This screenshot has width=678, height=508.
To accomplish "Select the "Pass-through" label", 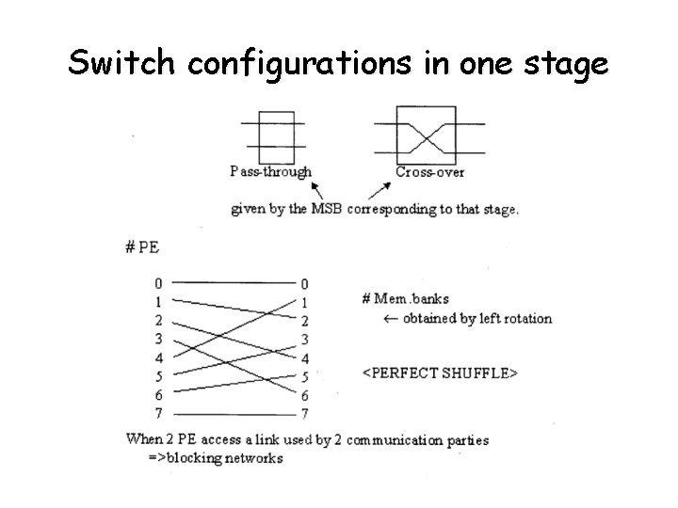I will (x=270, y=171).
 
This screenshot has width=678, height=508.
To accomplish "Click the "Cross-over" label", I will (x=429, y=171).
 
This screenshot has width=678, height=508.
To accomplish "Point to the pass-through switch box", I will (x=275, y=135).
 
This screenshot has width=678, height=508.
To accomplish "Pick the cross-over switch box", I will (x=428, y=135).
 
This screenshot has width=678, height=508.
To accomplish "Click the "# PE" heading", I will (x=141, y=247).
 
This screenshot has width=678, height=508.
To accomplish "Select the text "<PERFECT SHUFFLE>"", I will (x=440, y=373).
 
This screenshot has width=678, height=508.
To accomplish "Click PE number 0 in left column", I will (x=158, y=283).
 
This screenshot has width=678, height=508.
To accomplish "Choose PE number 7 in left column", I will (x=158, y=413).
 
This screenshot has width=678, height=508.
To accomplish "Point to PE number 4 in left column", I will (x=158, y=357).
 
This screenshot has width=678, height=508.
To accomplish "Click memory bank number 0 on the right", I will (x=304, y=283).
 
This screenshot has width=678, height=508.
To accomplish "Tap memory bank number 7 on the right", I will (x=304, y=413).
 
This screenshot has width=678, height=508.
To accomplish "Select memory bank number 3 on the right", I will (x=304, y=339).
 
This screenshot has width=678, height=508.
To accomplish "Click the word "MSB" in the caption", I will (x=326, y=209).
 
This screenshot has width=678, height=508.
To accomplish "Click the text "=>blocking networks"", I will (x=217, y=458).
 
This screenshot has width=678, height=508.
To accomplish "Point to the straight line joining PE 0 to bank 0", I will (x=231, y=282).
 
